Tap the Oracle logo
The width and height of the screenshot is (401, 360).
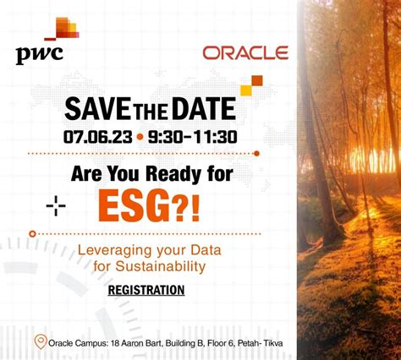[245, 53]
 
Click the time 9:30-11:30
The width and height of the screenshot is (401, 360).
[193, 135]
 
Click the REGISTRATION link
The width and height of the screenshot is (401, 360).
[146, 290]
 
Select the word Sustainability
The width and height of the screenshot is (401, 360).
[164, 267]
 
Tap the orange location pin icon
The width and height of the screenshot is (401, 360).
[40, 341]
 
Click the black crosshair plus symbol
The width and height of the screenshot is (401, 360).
[56, 205]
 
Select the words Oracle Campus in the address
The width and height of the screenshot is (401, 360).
[79, 343]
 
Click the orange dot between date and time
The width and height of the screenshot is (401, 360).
[140, 135]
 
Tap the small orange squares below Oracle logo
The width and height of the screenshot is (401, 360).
[251, 85]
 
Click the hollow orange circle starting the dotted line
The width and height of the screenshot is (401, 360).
[32, 233]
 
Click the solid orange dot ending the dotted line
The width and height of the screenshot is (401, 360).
[257, 153]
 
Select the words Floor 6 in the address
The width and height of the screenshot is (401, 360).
[212, 343]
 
